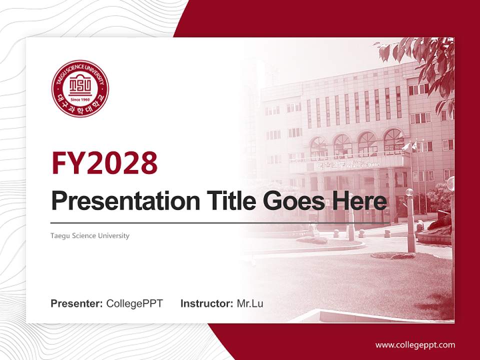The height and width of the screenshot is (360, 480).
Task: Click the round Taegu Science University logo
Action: point(80,88)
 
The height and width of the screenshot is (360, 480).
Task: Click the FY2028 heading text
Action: point(104,163)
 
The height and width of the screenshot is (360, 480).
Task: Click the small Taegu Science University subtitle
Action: point(90,235)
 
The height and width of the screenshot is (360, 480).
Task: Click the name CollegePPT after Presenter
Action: point(134,303)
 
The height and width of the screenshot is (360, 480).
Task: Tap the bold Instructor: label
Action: point(206,303)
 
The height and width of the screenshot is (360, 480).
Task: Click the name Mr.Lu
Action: point(250,303)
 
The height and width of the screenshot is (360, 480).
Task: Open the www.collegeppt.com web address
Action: point(415,344)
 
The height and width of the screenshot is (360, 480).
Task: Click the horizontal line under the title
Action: point(220,223)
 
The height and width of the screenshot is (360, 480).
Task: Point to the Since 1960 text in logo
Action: point(80,99)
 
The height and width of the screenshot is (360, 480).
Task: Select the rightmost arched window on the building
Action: point(393,141)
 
